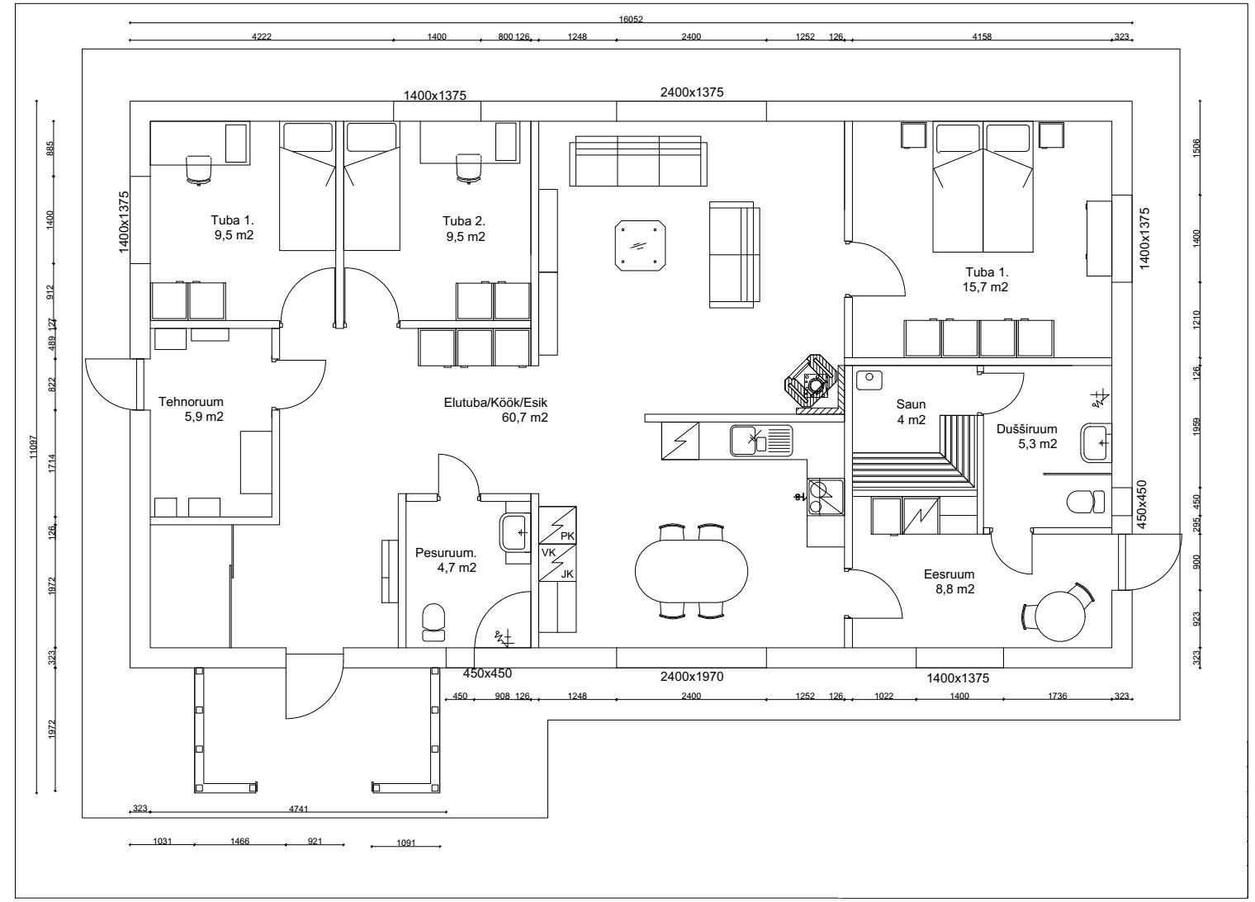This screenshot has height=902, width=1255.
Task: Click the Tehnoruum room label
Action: pos(191,401)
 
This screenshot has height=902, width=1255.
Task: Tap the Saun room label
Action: pos(911,404)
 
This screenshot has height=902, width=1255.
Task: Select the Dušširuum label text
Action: pos(1026,429)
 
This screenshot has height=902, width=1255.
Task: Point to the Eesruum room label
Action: pos(949,574)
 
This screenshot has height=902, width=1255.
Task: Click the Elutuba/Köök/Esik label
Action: pos(495,402)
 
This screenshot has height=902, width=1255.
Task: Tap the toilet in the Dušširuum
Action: pos(1085,502)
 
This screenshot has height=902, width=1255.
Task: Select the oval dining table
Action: pos(691,571)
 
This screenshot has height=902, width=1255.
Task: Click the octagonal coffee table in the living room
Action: pos(640,246)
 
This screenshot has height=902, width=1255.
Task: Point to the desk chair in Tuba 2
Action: pos(468,168)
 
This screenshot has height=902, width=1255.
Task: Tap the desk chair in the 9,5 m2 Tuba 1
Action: pos(199,170)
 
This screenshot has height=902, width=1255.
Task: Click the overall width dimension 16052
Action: pos(630,19)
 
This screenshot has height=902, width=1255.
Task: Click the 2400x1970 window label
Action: pos(691,677)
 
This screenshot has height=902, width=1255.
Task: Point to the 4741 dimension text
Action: pos(298,809)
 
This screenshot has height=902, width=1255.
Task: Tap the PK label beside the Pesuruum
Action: pos(567,536)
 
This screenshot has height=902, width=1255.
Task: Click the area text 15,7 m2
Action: pos(985,286)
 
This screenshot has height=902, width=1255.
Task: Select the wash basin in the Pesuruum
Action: pos(514,532)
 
